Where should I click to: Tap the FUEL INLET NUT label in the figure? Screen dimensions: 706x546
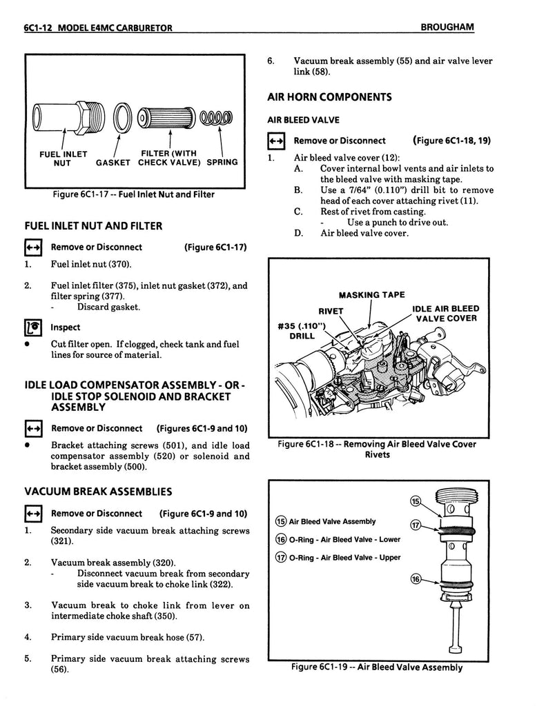pos(61,158)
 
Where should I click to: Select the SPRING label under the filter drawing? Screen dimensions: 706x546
pos(222,163)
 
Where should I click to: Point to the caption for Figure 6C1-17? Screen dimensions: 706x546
pos(133,194)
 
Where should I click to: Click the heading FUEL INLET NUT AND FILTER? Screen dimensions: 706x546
pos(93,225)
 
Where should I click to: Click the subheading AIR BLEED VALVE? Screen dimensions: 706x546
pos(303,120)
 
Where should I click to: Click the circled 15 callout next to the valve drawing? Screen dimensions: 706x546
pos(416,500)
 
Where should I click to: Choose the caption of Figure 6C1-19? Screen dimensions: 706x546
pos(376,667)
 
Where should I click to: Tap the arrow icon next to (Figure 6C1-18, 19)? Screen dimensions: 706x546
pos(276,141)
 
